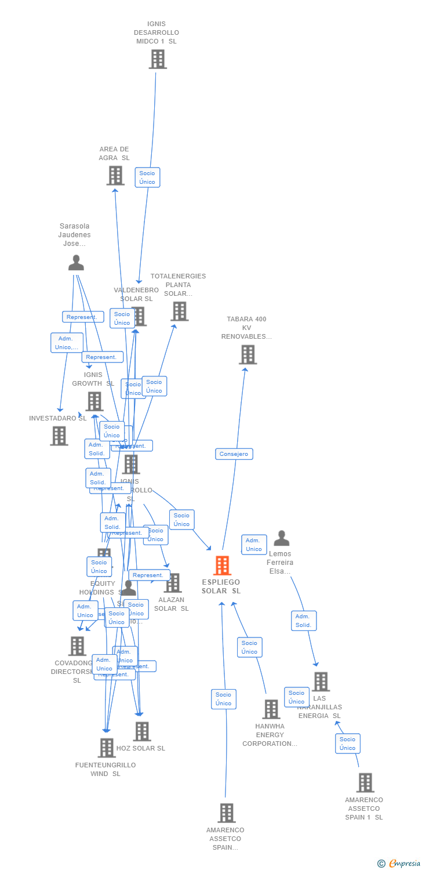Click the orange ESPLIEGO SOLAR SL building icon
(x=223, y=565)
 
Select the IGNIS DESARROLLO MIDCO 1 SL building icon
(x=157, y=59)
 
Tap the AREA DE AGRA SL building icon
(x=115, y=175)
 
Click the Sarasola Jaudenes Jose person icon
(x=76, y=263)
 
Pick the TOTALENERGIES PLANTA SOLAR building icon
(x=179, y=311)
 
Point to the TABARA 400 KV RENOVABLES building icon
(x=248, y=354)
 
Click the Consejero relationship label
(x=234, y=454)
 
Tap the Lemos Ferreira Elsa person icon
(x=282, y=539)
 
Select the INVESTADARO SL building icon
(x=59, y=436)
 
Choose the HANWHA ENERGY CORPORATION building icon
(x=271, y=709)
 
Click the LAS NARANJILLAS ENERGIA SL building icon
(x=321, y=681)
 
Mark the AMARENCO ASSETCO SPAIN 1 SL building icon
(x=365, y=783)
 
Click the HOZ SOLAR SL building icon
(x=142, y=732)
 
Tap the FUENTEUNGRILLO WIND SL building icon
(x=107, y=748)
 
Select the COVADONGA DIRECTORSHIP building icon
(x=77, y=646)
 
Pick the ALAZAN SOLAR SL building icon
(x=173, y=583)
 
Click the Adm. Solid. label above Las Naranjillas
(x=304, y=621)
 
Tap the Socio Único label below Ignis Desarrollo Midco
(x=147, y=177)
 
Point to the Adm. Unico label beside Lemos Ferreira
(x=254, y=545)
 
